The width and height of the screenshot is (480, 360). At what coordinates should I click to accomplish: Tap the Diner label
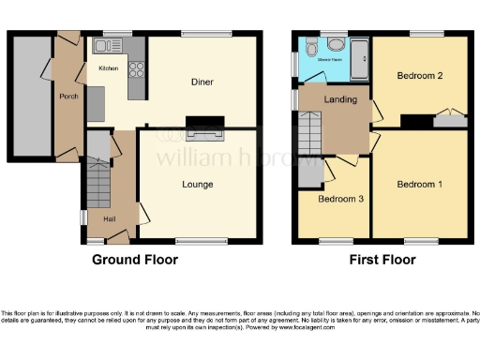click(x=201, y=82)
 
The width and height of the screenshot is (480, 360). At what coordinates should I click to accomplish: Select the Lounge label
click(x=199, y=184)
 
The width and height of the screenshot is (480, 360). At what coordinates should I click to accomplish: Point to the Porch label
click(x=68, y=96)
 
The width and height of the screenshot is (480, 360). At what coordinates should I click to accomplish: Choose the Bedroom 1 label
click(x=419, y=184)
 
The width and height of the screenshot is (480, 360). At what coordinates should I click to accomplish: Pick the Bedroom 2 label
click(x=419, y=75)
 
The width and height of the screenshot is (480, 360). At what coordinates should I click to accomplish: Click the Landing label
click(x=337, y=99)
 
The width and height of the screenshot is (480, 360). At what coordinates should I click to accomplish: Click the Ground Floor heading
click(x=135, y=260)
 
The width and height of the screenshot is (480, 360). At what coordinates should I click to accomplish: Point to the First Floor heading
click(x=382, y=260)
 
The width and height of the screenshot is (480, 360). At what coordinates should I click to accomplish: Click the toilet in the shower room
click(x=335, y=42)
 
